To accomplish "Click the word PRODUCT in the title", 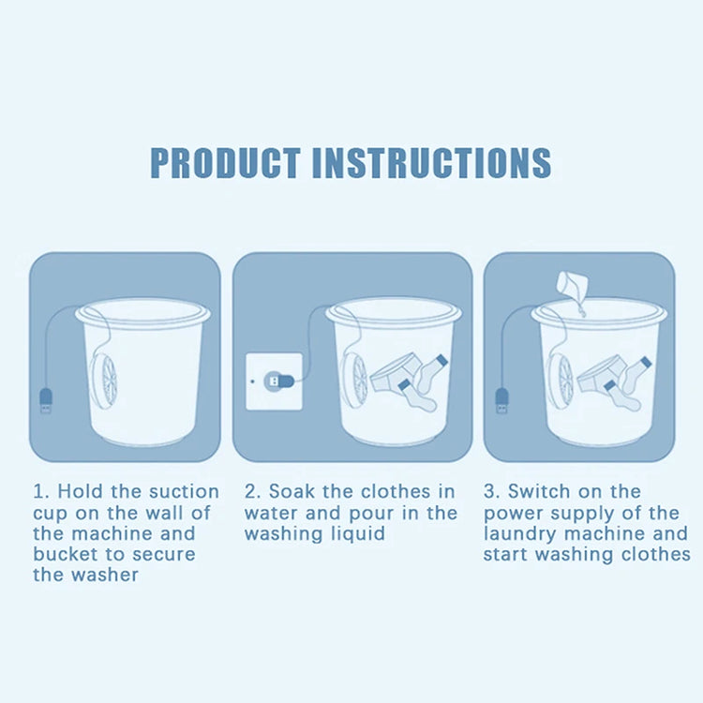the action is [x=225, y=162].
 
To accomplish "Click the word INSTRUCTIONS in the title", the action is [x=431, y=162].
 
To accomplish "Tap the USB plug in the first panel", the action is [x=46, y=400].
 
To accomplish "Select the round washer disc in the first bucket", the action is [x=104, y=381].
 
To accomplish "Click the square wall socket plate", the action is [x=274, y=381].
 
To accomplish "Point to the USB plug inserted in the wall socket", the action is [x=278, y=382].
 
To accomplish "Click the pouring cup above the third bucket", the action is [x=572, y=284].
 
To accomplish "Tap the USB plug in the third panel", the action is [x=501, y=400].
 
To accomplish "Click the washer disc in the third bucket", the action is [x=561, y=381].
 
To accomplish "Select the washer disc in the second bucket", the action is [x=354, y=381].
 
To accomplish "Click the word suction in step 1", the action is [x=185, y=492].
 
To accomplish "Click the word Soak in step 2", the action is [x=292, y=492].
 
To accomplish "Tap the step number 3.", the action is [x=488, y=492].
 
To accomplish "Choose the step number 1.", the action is [x=38, y=492].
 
